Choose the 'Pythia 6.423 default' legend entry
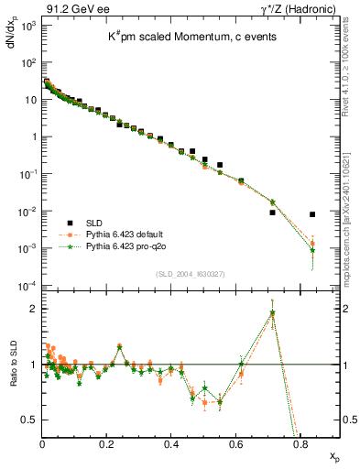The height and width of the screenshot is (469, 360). click(115, 234)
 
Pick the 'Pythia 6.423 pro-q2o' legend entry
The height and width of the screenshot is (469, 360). click(115, 246)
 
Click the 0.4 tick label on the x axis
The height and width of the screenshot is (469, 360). click(171, 443)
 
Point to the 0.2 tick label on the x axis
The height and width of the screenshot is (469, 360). click(107, 443)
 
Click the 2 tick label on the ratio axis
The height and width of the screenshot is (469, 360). click(33, 309)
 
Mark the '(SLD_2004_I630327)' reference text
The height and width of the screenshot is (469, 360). click(187, 274)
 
